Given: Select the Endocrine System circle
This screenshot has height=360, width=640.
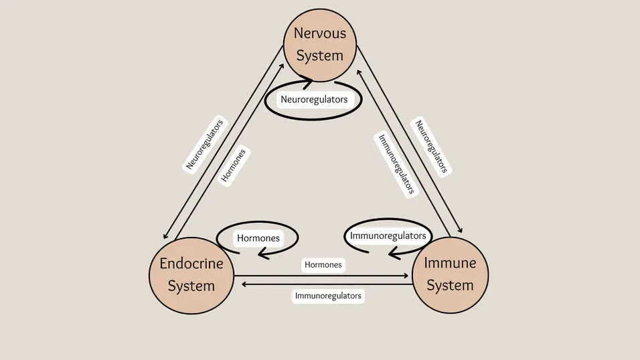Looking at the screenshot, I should tap(191, 274).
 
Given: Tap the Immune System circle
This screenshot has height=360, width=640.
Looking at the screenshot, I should tap(450, 274).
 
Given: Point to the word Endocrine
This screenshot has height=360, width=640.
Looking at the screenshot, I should tap(191, 264).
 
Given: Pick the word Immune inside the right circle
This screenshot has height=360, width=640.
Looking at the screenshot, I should tap(450, 263).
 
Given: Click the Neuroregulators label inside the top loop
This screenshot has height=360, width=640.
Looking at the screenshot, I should tap(314, 100).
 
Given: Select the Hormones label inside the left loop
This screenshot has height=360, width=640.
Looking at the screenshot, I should tap(258, 238).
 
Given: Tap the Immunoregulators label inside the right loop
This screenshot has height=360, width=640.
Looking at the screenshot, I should tap(388, 236).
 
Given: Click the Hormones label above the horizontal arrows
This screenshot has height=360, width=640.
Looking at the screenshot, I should tap(323, 265).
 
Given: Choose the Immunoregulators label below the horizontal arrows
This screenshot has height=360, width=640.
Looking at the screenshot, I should tap(328, 295).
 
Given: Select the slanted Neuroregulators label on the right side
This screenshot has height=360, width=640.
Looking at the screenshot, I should tap(429, 147).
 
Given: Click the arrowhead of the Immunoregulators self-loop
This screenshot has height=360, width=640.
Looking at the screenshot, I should tap(394, 254).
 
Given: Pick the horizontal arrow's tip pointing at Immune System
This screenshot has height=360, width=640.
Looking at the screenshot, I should tap(406, 275).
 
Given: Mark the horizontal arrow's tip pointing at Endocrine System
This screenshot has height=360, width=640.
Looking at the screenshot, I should tap(244, 284).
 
